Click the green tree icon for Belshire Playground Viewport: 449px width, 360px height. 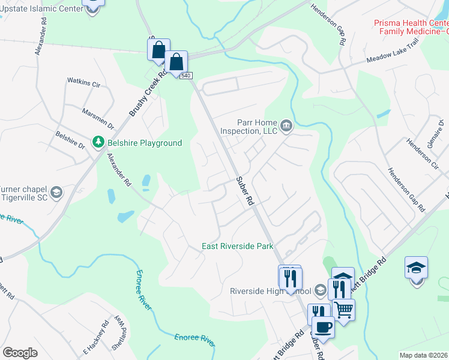pos(98,142)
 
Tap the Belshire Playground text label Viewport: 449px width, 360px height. pos(144,143)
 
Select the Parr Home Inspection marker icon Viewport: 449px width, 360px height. pos(286,125)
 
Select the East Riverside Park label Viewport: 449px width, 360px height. pos(237,246)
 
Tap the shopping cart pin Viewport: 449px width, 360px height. pos(343,310)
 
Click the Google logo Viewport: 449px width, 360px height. pos(20,353)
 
